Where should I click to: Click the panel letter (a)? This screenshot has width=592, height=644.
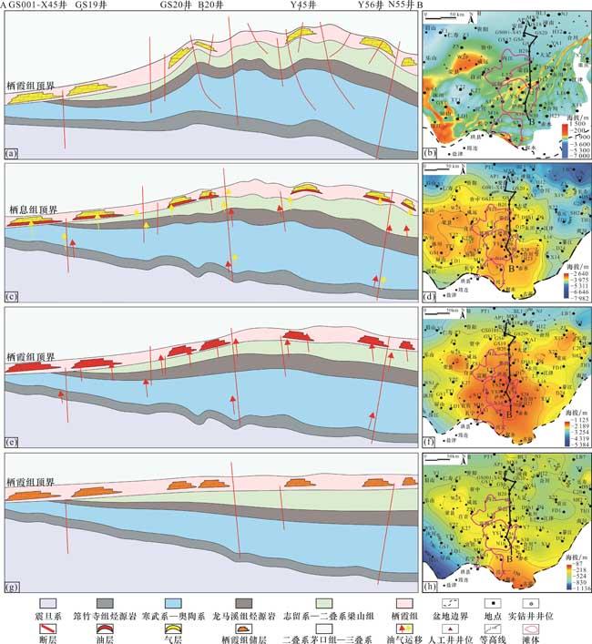pyautogui.click(x=12, y=153)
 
